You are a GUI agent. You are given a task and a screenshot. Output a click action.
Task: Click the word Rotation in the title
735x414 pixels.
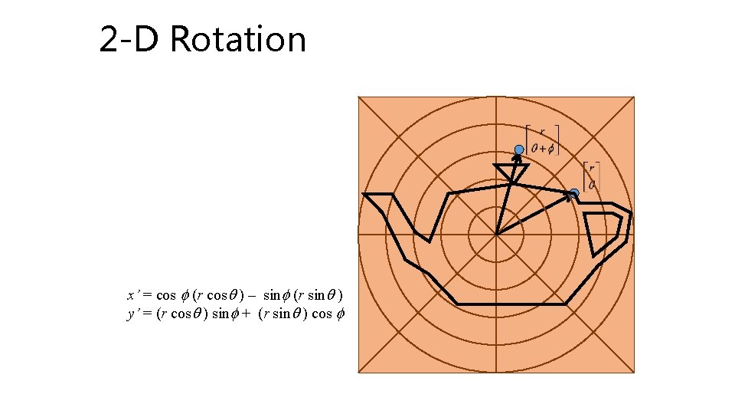(x=238, y=40)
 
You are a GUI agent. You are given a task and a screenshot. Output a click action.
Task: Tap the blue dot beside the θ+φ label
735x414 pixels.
(x=519, y=149)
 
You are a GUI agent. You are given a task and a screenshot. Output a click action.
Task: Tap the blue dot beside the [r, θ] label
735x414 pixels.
(x=574, y=193)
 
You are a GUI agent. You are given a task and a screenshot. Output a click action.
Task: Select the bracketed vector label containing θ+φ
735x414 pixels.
(x=542, y=140)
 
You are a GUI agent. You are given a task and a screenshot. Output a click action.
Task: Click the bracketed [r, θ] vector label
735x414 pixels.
(x=590, y=176)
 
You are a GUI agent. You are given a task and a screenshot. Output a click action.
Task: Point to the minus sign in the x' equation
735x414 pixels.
(x=251, y=295)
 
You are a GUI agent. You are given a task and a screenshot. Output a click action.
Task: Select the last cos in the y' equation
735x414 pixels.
(x=322, y=314)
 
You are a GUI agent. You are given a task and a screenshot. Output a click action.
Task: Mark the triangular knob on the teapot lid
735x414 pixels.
(x=508, y=173)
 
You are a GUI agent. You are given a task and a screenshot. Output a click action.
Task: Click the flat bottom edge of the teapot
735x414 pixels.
(x=509, y=304)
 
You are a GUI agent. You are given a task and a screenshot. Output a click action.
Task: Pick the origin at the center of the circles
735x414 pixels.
(x=496, y=235)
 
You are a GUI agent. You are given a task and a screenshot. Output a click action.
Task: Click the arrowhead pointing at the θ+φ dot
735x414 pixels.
(x=517, y=159)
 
